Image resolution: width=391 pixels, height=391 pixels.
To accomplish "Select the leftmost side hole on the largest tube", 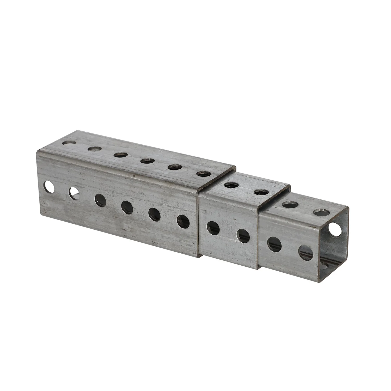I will click(49, 187).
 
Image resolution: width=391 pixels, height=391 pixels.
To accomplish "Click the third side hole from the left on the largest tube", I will click(100, 200).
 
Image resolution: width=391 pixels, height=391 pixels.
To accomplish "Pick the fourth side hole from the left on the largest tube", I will click(127, 207).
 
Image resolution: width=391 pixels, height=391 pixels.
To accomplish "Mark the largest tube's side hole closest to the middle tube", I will click(183, 221).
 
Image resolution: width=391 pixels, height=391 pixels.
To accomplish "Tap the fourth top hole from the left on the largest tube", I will click(147, 161).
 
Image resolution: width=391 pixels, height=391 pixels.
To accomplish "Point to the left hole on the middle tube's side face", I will click(213, 227).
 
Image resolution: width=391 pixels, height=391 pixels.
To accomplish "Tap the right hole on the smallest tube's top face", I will click(320, 213).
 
